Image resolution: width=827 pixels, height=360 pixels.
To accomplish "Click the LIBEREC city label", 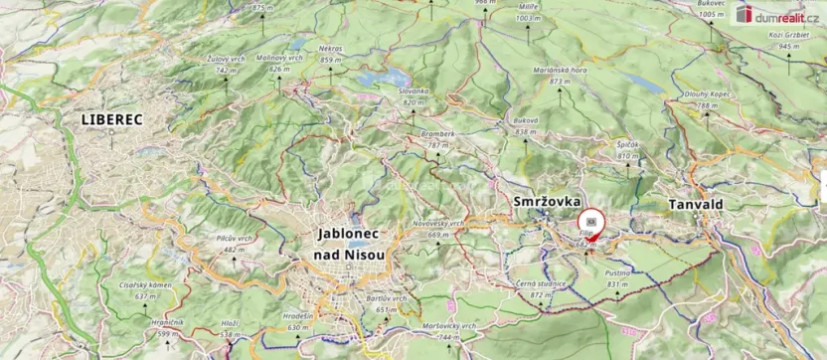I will tap(111, 119).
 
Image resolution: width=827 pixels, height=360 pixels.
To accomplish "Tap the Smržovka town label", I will tap(546, 202).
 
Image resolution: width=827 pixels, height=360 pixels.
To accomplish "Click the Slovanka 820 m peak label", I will tap(413, 95).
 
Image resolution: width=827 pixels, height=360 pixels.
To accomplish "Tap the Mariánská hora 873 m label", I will tap(557, 76).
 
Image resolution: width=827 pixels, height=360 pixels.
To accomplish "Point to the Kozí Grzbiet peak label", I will tap(790, 41).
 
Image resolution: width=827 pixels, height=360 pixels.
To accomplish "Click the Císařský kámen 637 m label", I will tap(146, 290).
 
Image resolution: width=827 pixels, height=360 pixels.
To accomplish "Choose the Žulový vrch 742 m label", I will tap(226, 65).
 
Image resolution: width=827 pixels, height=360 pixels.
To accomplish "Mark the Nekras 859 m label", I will tap(331, 53).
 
